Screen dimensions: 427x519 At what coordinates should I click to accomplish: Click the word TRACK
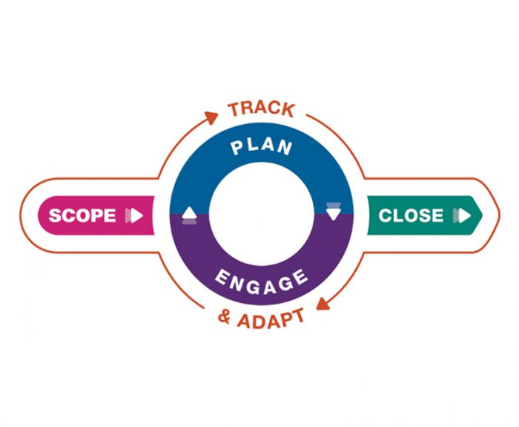[261, 109]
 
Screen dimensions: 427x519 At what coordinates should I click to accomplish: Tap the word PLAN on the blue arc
[261, 146]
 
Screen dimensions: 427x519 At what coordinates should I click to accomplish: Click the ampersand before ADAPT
[224, 318]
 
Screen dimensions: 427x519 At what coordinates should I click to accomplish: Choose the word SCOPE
[82, 216]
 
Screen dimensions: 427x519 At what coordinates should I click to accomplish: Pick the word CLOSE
[411, 216]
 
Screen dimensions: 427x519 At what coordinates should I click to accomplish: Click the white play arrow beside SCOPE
[135, 216]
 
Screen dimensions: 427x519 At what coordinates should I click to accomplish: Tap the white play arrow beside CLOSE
[463, 216]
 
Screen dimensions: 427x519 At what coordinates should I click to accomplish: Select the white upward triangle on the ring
[189, 215]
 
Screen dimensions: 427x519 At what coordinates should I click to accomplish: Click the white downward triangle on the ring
[333, 213]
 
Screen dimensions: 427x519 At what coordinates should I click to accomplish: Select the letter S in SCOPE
[54, 216]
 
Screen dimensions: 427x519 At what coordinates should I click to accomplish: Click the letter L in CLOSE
[397, 216]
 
